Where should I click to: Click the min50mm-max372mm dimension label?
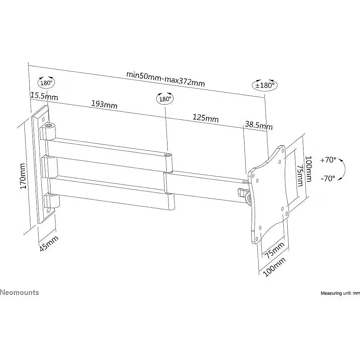coord(165,78)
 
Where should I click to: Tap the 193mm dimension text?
coord(104,104)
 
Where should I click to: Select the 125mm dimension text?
coord(206,118)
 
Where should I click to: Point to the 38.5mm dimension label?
coord(259,125)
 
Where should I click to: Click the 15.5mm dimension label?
coord(44,96)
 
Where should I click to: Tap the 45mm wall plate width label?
coord(49,243)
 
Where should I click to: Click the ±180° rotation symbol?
coord(265,85)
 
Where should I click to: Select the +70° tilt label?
coord(328,160)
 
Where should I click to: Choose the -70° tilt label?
coord(328,179)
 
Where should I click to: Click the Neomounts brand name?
coord(19,292)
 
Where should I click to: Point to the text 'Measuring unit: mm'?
coord(340,293)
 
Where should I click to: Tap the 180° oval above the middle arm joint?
coord(165,99)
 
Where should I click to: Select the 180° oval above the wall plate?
coord(46,83)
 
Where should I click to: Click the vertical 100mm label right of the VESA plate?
coord(309,169)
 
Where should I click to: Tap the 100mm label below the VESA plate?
coord(274,267)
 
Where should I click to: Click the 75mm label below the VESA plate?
coord(275,251)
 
